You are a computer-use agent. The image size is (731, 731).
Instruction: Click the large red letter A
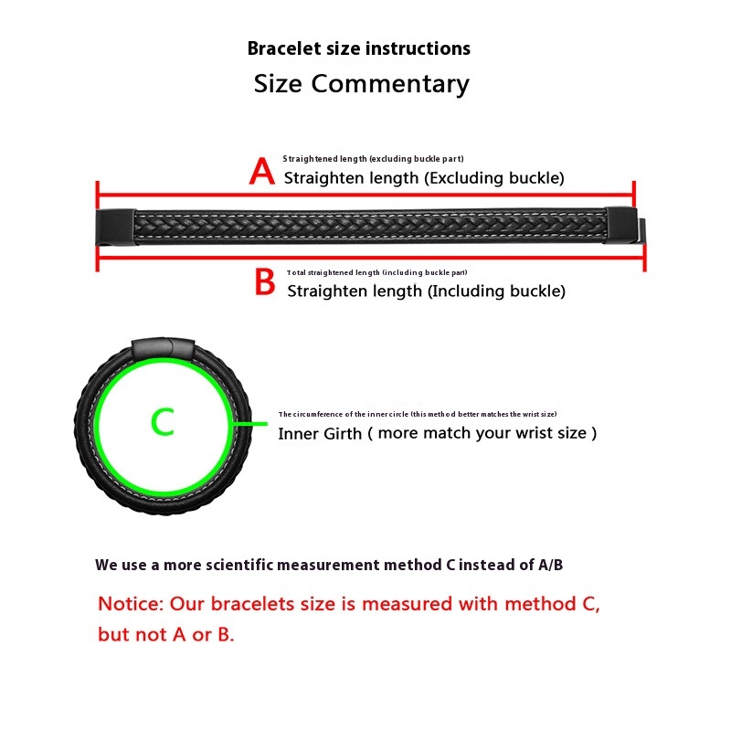coord(262,171)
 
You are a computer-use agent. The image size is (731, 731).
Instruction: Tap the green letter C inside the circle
coord(162,422)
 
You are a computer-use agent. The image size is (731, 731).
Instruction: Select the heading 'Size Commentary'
coord(361,84)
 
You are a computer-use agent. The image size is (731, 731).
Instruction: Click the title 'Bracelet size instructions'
coord(359,48)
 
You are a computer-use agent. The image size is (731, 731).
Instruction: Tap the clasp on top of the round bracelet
coord(164,348)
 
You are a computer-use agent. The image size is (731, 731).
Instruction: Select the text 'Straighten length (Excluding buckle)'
coord(424,178)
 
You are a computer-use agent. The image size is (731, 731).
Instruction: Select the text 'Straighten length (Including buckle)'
coord(426,291)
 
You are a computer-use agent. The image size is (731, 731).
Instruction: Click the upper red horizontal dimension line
coord(365,194)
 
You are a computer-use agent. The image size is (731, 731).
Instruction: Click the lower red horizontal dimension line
coord(365,258)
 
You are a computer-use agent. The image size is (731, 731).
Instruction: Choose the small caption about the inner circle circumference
coord(418,414)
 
